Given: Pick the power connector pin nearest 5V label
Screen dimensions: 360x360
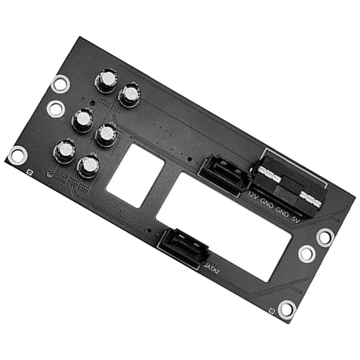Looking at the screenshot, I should point(311,201).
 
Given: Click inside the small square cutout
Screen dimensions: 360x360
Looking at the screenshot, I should point(136,175).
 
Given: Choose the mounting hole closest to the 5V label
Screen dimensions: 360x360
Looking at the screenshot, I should point(325,236).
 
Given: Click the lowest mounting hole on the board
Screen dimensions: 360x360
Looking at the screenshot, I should point(287,309).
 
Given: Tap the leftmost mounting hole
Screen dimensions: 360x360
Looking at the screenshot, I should point(17,154).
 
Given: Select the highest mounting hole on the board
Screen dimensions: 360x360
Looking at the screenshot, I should point(61,83).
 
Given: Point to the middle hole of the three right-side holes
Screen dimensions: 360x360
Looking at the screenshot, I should point(307,253).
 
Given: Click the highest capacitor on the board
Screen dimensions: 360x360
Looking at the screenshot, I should point(106,80).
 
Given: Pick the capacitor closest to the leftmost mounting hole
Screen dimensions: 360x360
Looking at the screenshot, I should point(64,151).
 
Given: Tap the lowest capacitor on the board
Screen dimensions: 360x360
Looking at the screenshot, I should point(89,166).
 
